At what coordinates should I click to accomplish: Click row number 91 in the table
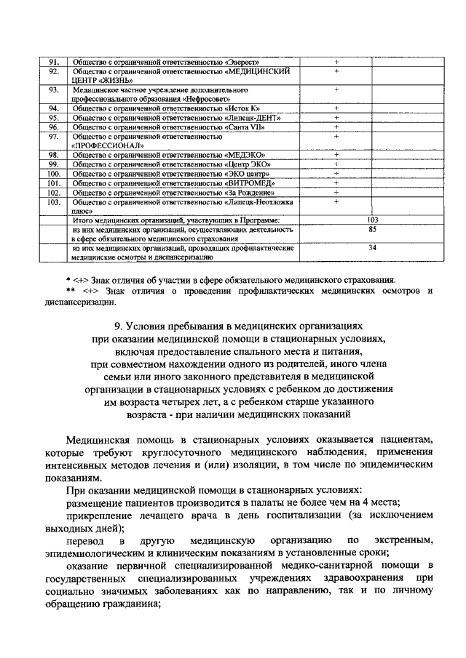(53, 62)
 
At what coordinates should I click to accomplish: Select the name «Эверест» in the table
(244, 62)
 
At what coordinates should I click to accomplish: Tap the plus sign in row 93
(336, 89)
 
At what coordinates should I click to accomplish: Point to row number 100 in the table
(53, 174)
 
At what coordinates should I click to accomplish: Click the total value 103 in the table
(373, 220)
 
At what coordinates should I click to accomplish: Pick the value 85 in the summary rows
(373, 230)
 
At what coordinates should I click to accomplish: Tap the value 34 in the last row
(373, 248)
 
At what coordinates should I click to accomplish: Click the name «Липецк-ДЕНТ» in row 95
(253, 117)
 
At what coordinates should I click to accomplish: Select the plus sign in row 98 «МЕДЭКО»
(336, 155)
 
